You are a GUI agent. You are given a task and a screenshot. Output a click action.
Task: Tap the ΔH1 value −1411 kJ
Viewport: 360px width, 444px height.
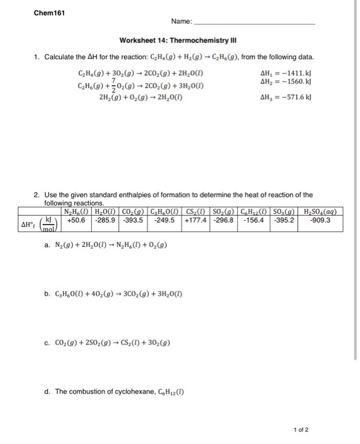[285, 74]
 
